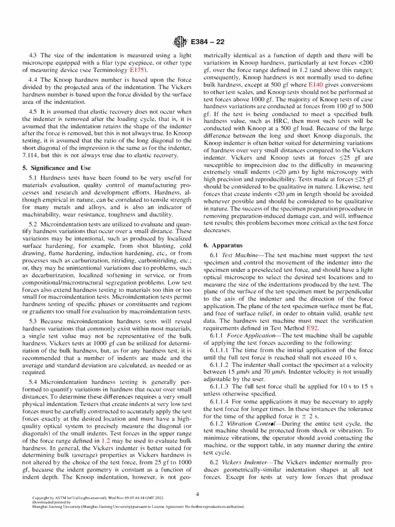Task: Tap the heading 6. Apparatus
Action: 223,246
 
